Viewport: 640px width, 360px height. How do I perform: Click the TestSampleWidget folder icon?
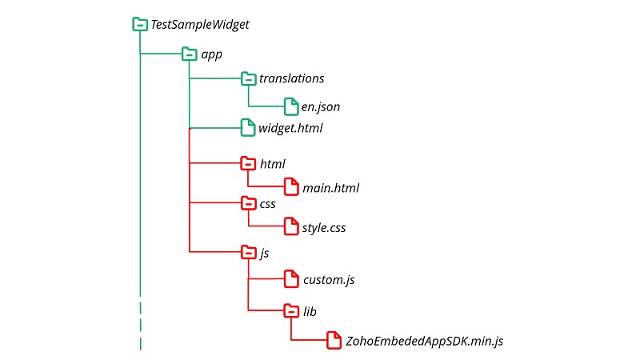pos(140,25)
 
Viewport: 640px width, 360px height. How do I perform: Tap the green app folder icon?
pos(189,54)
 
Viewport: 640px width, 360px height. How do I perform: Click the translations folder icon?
pos(248,78)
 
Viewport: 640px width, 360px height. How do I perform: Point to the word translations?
pos(291,78)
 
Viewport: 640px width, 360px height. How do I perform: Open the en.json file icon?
pos(291,106)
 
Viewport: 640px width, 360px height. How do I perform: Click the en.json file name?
pos(322,106)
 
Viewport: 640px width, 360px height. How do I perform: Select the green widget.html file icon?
pos(248,126)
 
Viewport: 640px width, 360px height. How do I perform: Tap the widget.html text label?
pos(290,127)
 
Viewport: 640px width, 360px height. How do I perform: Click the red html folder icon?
pos(248,163)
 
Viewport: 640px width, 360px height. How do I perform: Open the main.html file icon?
pos(291,188)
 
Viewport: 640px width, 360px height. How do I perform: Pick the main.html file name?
pos(331,189)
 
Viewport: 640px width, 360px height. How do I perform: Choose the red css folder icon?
pos(248,203)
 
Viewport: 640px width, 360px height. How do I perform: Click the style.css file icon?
pos(291,228)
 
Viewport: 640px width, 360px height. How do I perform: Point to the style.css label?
pos(324,229)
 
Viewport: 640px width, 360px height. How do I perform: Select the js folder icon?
pos(248,253)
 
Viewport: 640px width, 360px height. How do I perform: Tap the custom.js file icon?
pos(291,279)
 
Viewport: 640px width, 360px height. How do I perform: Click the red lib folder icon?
pos(291,310)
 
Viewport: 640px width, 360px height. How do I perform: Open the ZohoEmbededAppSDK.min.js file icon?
pos(334,341)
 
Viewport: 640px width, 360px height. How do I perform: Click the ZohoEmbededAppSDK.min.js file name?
pos(424,341)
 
